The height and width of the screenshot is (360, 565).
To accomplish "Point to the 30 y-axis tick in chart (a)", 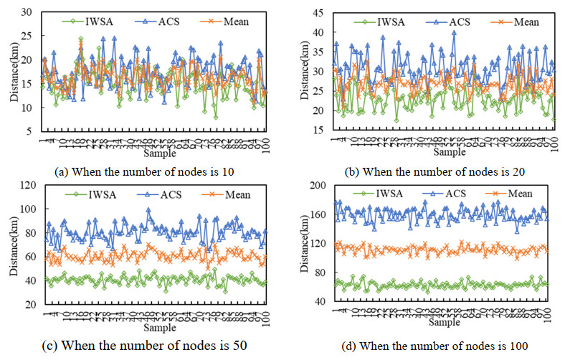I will pos(29,12).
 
